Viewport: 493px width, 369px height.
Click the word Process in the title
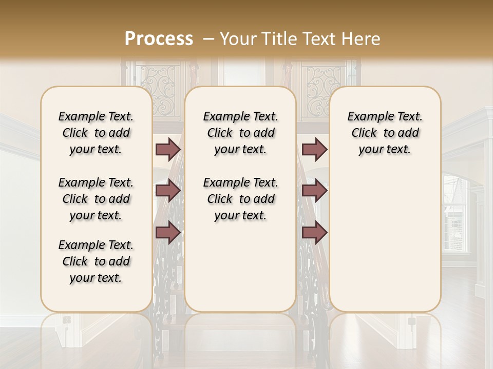[159, 39]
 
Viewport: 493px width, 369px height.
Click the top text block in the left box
[96, 133]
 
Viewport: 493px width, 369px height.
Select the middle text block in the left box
[96, 199]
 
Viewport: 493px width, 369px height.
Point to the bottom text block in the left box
[96, 261]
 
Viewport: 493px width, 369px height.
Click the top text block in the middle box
[240, 133]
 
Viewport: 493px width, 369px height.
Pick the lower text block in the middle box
[240, 199]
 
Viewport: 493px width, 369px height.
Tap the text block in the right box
[385, 133]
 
